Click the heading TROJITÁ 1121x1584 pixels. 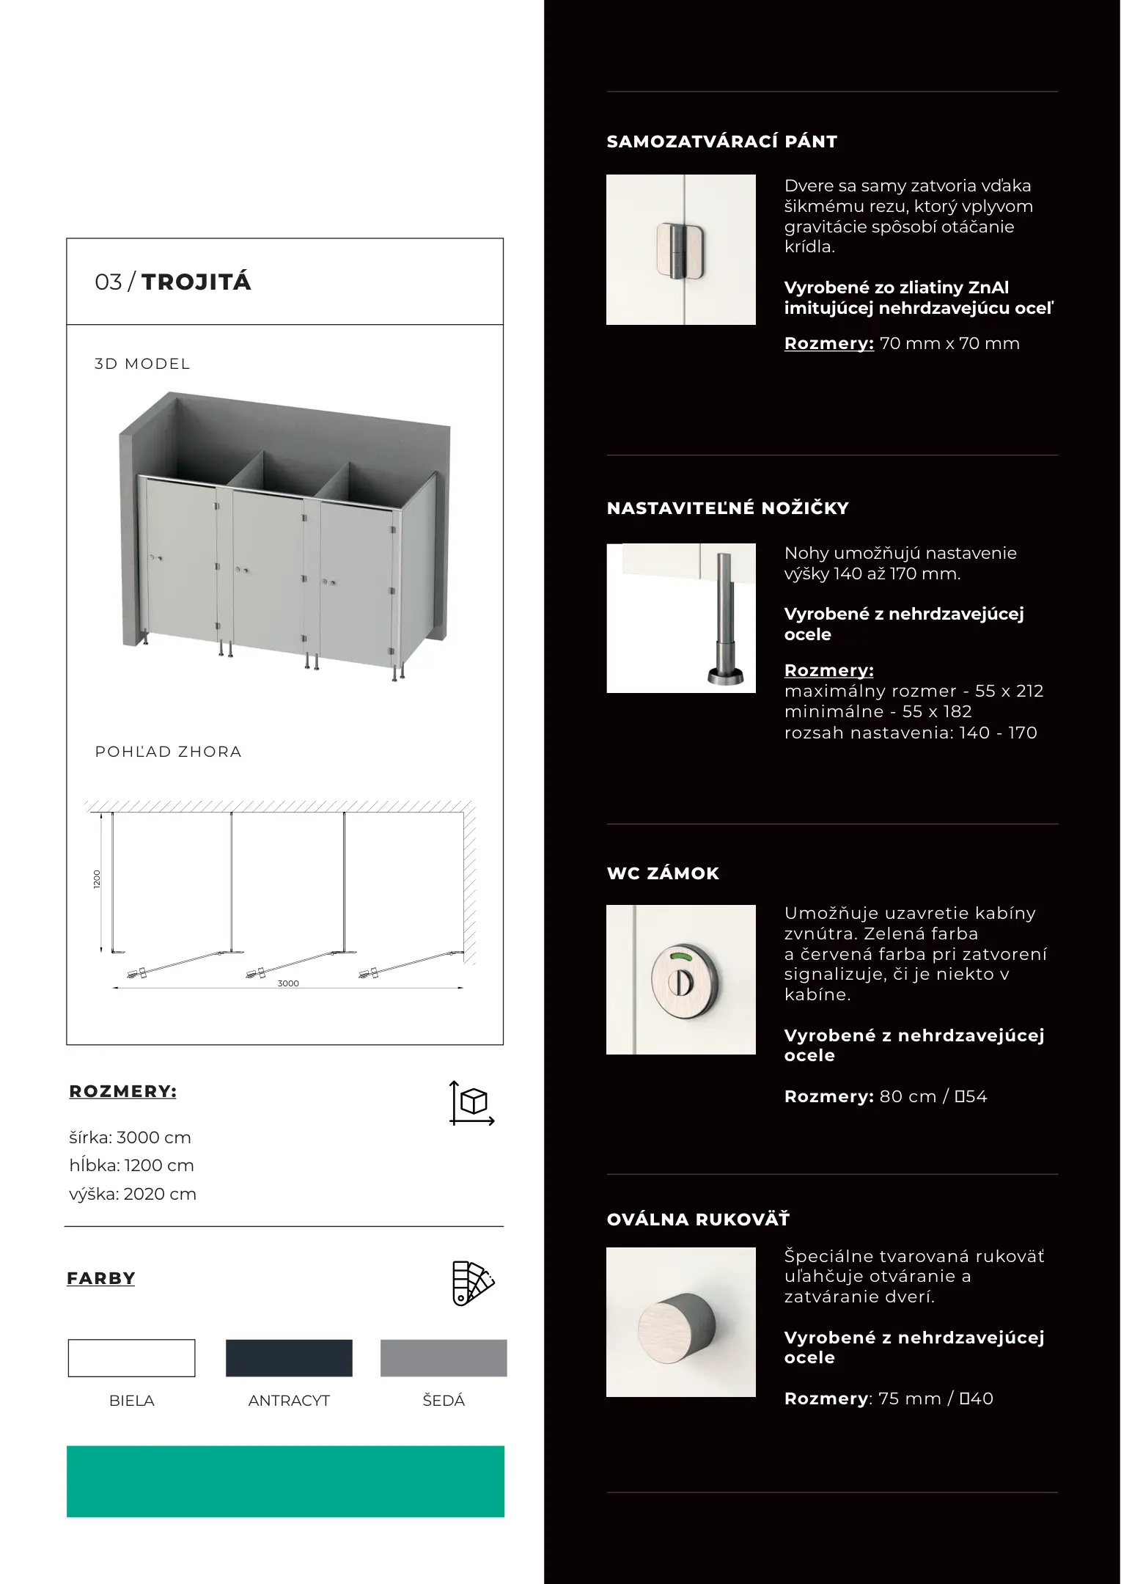point(196,282)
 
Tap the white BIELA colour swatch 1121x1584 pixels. point(132,1358)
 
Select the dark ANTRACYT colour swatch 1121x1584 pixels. point(289,1358)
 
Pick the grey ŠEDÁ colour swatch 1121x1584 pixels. point(444,1358)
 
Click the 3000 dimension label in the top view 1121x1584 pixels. point(288,983)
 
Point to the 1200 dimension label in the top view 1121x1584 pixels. point(97,879)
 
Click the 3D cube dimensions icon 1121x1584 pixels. point(472,1102)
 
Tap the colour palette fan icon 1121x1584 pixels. point(473,1283)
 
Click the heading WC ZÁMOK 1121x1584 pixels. point(663,873)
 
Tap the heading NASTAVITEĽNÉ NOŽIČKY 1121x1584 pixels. point(727,508)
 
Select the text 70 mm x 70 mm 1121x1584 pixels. point(949,343)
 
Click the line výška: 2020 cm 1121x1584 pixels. point(133,1194)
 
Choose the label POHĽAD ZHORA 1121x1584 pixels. point(168,752)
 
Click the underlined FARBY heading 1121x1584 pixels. point(101,1278)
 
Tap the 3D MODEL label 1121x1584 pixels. point(142,364)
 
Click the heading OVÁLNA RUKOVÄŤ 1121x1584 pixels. point(698,1220)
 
